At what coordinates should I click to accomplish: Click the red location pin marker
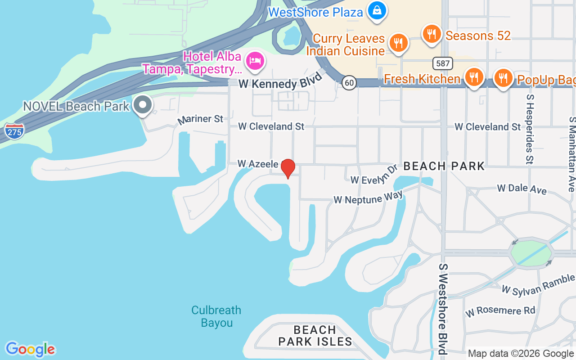point(288,168)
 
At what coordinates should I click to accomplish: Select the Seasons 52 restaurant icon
point(431,33)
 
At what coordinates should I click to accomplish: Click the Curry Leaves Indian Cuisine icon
point(398,43)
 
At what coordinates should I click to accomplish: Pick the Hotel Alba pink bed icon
point(255,61)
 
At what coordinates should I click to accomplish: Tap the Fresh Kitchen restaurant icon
point(473,77)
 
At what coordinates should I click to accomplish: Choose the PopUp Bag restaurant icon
point(503,78)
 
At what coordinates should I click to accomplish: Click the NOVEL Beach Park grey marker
point(143,105)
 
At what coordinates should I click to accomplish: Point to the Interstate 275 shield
point(14,131)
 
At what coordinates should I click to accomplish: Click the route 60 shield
point(349,82)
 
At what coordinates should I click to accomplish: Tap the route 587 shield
point(443,63)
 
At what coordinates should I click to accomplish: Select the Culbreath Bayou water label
point(216,316)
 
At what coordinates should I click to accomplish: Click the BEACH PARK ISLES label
point(315,336)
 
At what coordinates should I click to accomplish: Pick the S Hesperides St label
point(530,129)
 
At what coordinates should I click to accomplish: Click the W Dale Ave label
point(522,189)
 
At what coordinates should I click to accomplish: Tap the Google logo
point(30,349)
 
